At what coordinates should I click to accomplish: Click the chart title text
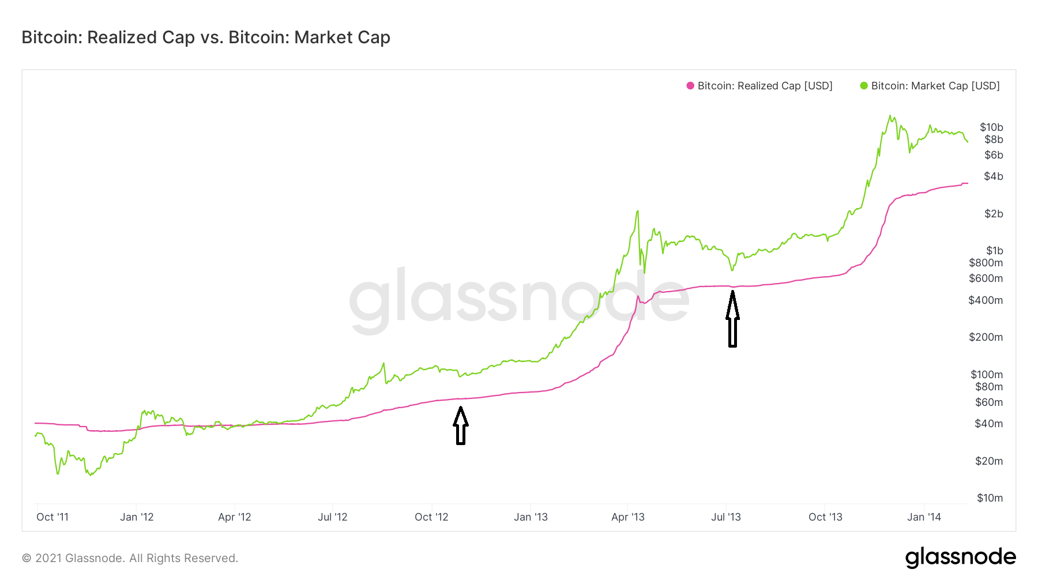point(206,37)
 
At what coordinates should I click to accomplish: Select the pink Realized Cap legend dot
point(690,86)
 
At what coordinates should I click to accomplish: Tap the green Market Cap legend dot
point(864,86)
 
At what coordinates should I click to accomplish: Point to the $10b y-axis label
point(991,127)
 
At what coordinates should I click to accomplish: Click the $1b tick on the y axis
point(994,251)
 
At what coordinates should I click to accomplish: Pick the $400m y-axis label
point(986,300)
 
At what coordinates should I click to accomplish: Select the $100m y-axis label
point(986,375)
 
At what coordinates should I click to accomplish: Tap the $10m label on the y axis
point(990,498)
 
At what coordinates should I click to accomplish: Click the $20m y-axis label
point(988,461)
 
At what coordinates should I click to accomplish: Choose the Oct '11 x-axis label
point(52,517)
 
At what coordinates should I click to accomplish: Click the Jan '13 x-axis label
point(531,517)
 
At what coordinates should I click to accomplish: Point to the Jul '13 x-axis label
point(726,517)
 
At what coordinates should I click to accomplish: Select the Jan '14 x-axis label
point(924,517)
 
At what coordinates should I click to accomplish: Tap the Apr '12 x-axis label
point(235,517)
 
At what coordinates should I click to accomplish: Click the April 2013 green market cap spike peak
point(637,212)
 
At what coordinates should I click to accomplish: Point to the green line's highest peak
point(890,116)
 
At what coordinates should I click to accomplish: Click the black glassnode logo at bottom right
point(960,557)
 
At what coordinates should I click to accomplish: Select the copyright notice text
point(130,558)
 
